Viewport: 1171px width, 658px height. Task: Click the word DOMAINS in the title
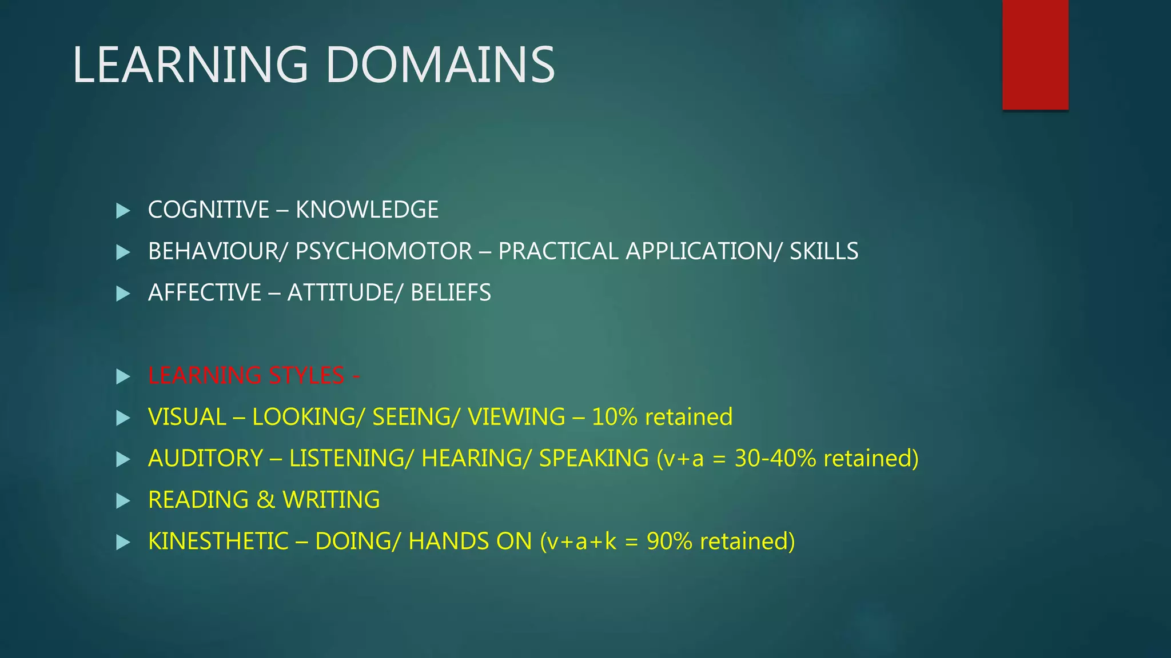point(440,65)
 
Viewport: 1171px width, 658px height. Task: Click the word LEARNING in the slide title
point(190,65)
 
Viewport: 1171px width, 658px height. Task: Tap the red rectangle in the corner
point(1035,54)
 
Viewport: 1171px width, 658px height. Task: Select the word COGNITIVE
point(208,210)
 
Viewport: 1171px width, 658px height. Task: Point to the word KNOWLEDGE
point(367,210)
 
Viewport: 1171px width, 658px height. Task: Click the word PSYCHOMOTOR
point(384,251)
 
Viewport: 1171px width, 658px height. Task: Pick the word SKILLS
point(824,251)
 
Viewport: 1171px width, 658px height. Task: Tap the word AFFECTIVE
point(204,293)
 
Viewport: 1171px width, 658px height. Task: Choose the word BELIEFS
point(451,293)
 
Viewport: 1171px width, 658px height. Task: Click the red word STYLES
point(306,376)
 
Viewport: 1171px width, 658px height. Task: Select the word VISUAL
point(187,417)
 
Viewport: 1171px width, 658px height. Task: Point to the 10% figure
point(615,417)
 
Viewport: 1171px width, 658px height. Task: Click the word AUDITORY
point(205,459)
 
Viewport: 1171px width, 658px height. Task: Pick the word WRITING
point(331,500)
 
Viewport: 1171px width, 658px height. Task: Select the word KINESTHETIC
point(218,541)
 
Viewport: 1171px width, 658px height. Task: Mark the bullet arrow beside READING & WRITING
point(123,501)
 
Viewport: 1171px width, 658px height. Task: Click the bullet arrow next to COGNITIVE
point(123,211)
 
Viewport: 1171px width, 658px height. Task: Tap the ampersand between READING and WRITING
point(266,500)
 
